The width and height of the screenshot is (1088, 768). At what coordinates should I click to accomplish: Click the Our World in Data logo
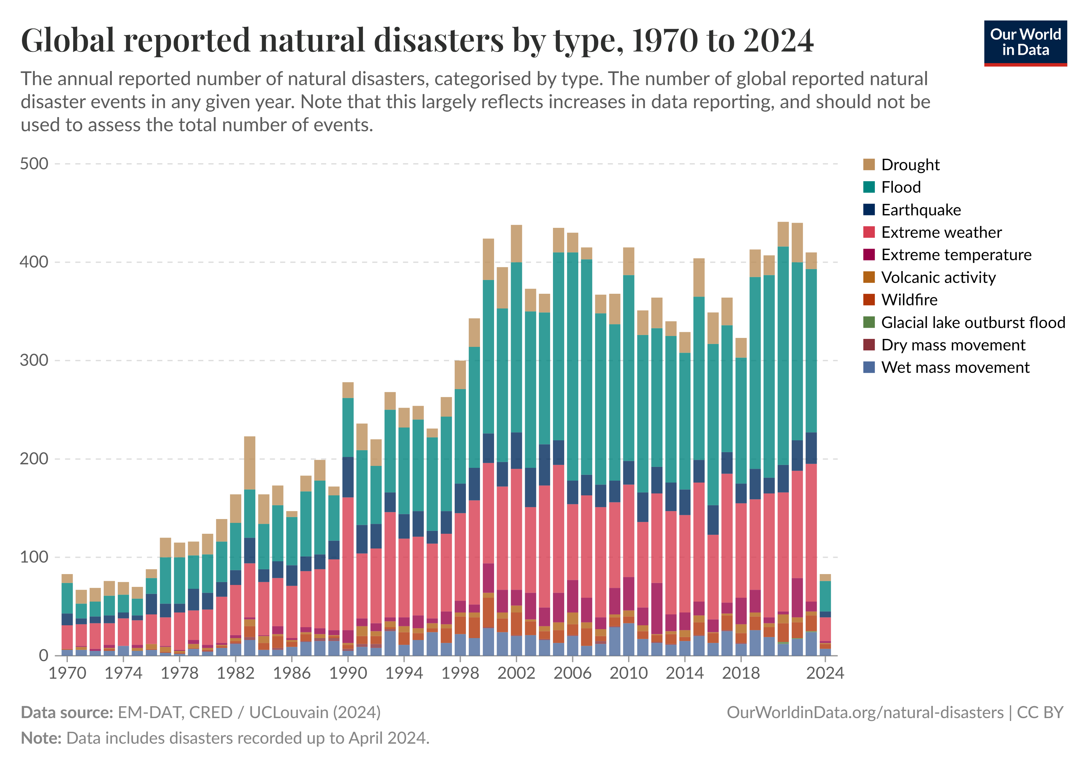click(1025, 43)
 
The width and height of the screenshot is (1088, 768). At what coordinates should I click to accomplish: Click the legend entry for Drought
click(910, 165)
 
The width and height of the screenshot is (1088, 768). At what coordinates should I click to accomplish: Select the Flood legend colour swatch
click(868, 187)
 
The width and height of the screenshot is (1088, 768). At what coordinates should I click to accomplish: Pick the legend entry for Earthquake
click(921, 210)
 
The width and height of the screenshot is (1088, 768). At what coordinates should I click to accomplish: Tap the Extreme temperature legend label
click(956, 255)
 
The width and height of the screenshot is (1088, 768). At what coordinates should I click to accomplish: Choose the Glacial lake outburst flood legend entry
click(972, 323)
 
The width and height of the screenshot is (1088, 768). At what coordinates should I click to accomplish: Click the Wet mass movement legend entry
click(955, 368)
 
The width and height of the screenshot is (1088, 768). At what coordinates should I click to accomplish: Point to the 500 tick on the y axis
click(34, 164)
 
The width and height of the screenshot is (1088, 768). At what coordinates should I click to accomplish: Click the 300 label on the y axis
click(34, 361)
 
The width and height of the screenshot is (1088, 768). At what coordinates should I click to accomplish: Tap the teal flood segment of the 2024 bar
click(825, 596)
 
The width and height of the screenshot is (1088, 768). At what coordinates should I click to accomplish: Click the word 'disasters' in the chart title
click(438, 40)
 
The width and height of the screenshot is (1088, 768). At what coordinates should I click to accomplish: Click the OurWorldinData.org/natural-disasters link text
click(865, 713)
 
